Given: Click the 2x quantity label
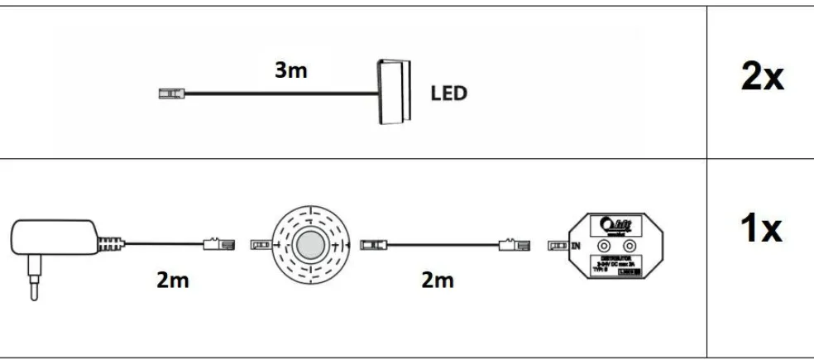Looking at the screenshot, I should (761, 77).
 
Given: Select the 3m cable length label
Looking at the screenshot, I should (291, 70).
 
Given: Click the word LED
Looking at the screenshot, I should (448, 93).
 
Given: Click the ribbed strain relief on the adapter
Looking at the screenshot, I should (108, 245).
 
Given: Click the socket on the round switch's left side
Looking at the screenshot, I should (260, 246).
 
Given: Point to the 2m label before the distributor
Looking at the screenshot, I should (437, 281).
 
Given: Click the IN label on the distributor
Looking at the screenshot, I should (577, 246).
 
